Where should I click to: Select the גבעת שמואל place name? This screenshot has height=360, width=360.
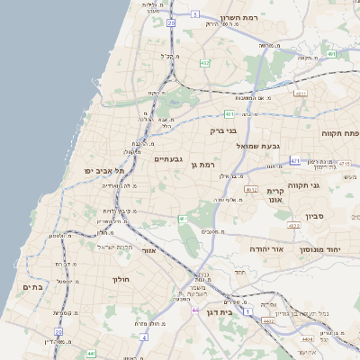click(259, 146)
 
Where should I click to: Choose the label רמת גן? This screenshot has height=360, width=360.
click(205, 165)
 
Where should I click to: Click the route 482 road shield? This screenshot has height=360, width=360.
click(205, 63)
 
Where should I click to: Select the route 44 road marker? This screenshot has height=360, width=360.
click(196, 310)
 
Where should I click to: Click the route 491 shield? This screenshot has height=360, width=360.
click(331, 54)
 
